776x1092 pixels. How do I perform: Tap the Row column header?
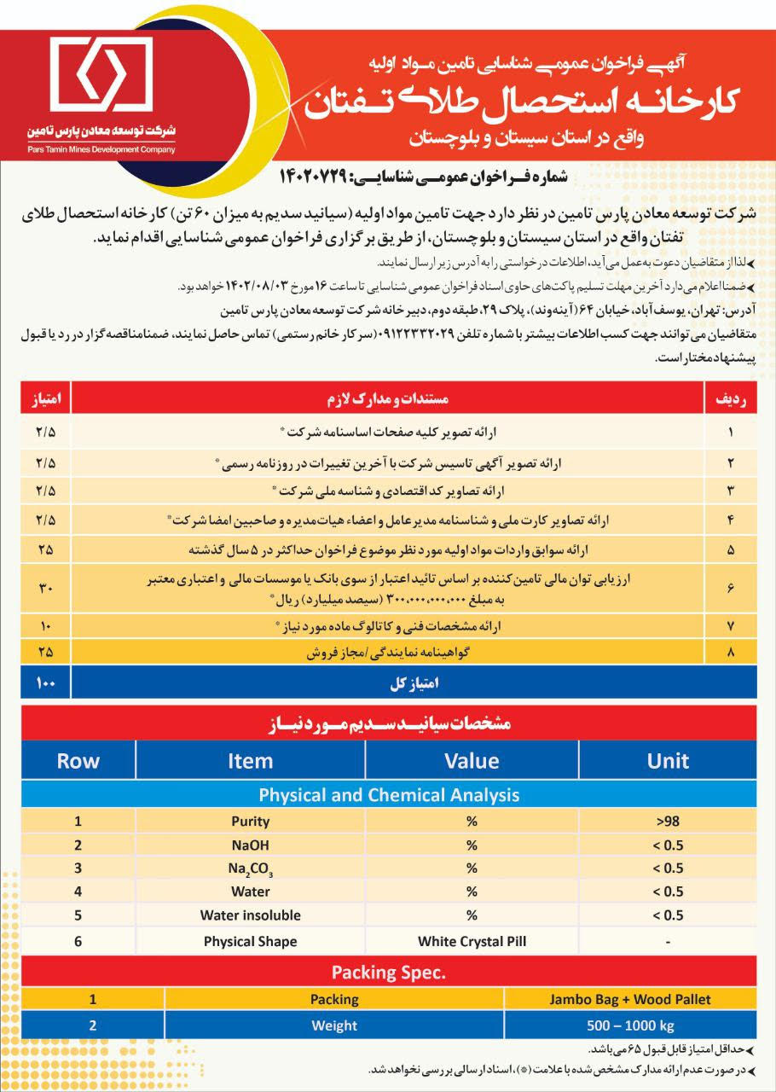pos(78,761)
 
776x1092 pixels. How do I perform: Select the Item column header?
pos(250,761)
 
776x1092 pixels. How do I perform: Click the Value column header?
pos(471,761)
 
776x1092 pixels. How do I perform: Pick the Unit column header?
pos(668,761)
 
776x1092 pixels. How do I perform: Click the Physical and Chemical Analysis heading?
pos(388,795)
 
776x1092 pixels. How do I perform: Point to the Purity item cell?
pos(250,822)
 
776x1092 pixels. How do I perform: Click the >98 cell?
pos(668,822)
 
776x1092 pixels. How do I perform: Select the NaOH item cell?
pos(250,845)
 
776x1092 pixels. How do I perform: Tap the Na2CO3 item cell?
pos(250,868)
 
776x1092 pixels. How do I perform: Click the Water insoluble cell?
pos(250,915)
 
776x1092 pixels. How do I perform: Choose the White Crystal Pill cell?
pos(471,942)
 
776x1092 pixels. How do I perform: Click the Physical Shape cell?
pos(250,942)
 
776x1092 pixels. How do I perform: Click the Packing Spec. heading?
pos(388,972)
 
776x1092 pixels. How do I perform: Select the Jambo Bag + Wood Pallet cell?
pos(629,999)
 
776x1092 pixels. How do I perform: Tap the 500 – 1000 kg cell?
pos(629,1025)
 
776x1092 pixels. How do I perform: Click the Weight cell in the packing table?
pos(334,1025)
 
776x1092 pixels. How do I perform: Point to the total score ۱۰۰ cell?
pos(45,683)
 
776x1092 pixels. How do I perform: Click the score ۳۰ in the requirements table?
pos(45,588)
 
